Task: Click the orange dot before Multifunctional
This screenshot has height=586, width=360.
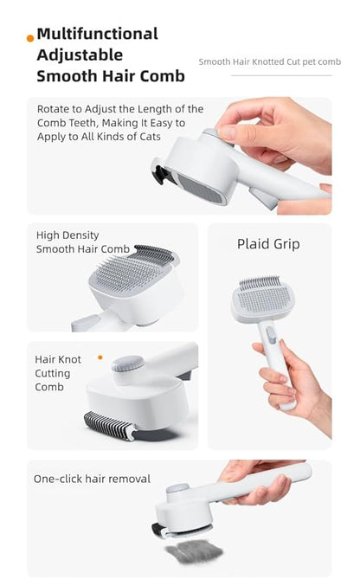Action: (31, 37)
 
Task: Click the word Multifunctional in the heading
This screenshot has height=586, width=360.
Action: (97, 34)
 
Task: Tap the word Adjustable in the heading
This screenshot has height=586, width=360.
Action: (74, 55)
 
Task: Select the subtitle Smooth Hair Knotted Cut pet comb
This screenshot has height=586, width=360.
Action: (269, 62)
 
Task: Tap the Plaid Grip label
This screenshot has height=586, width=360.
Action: (268, 244)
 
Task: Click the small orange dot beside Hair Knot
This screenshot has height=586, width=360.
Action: (100, 357)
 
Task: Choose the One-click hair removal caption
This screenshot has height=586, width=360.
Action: (92, 479)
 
